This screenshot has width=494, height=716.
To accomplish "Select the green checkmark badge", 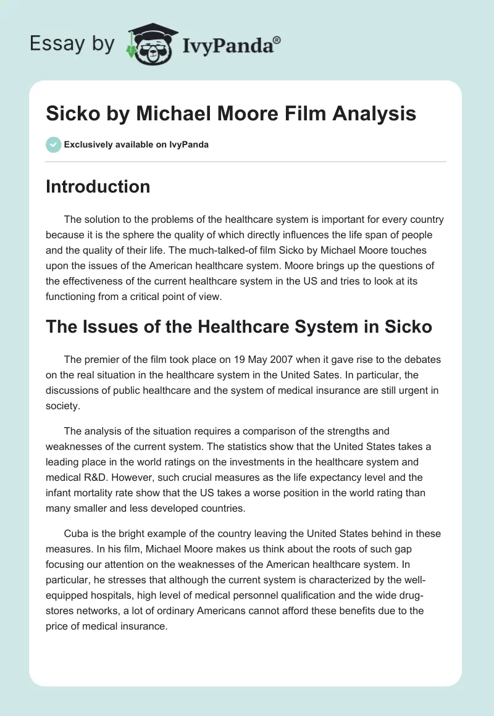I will [x=53, y=144].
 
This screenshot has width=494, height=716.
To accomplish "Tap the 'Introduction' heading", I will [x=98, y=186].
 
